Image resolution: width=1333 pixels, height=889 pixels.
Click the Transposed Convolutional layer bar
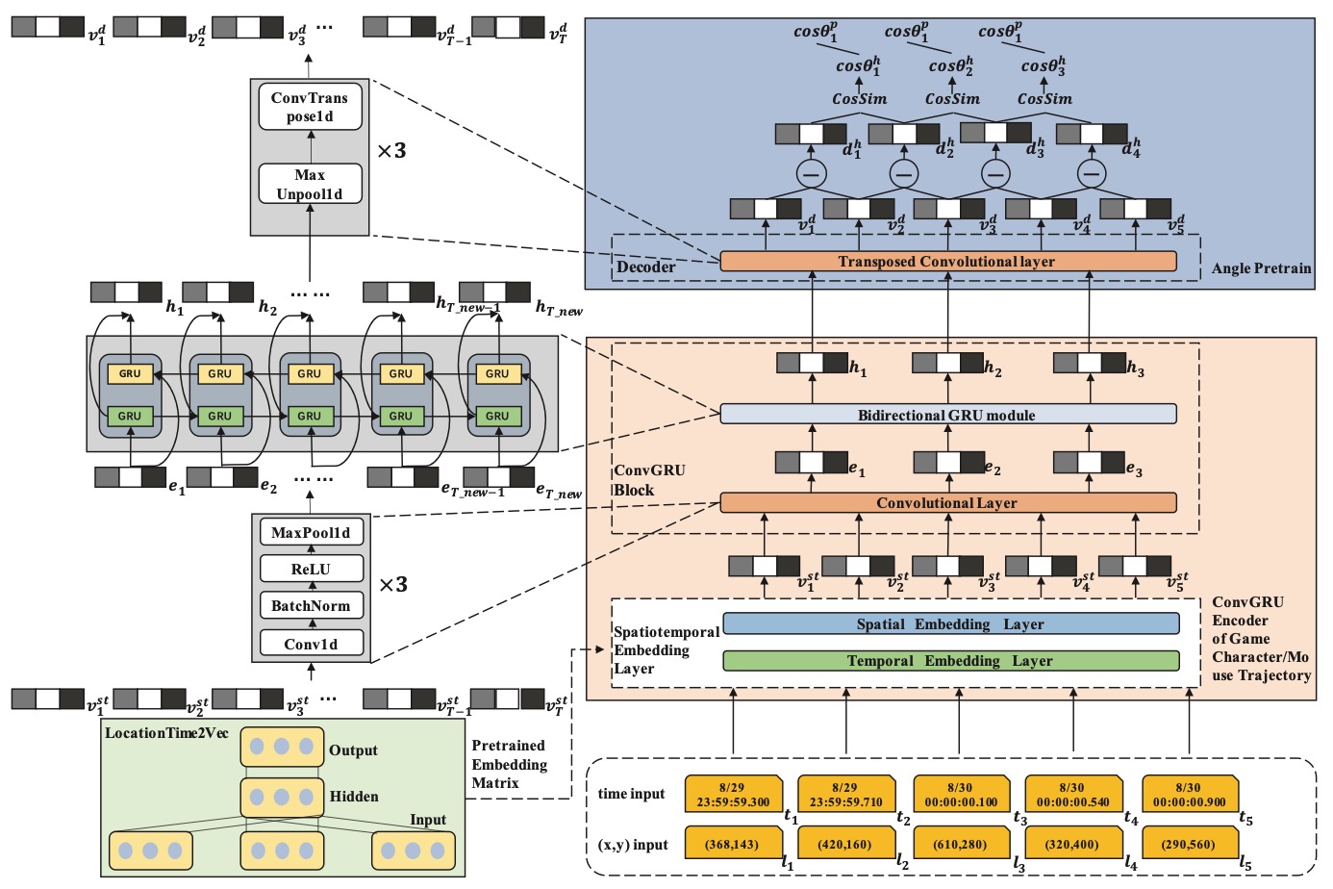click(x=947, y=261)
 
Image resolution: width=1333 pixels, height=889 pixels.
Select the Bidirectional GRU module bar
click(x=947, y=415)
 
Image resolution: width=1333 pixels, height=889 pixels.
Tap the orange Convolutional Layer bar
click(x=947, y=502)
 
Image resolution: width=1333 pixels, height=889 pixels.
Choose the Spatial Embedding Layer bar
click(x=950, y=623)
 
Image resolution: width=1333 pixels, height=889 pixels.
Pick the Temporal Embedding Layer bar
click(x=950, y=661)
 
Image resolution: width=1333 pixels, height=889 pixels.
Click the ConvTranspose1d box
click(x=310, y=107)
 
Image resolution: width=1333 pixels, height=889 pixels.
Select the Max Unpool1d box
click(x=310, y=184)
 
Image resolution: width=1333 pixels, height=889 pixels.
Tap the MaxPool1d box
click(x=311, y=532)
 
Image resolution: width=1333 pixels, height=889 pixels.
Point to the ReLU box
click(x=311, y=569)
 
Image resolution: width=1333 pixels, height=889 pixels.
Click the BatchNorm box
click(x=311, y=605)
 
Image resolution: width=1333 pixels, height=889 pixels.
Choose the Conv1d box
click(x=311, y=644)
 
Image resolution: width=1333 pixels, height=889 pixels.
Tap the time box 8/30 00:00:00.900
click(x=1189, y=794)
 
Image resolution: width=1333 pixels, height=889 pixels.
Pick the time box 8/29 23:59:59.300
click(x=732, y=794)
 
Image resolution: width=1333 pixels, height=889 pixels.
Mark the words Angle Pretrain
click(x=1261, y=268)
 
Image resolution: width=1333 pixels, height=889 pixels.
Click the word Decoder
click(x=645, y=267)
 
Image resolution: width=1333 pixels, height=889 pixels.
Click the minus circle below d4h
click(x=1090, y=174)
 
